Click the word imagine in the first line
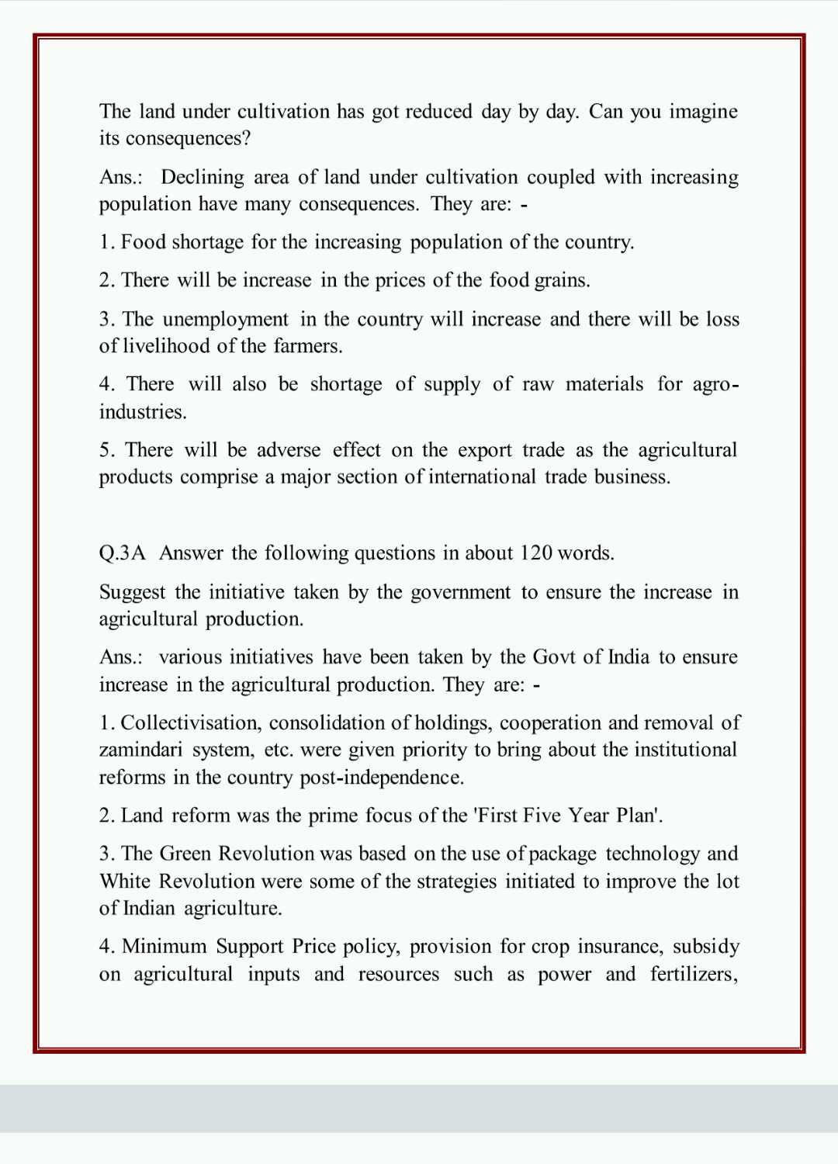coord(703,112)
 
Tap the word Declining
coord(203,178)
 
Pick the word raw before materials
coord(538,384)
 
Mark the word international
coord(482,476)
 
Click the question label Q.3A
coord(123,553)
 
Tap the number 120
coord(536,553)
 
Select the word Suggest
coord(133,593)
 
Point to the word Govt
coord(554,657)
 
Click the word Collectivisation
coord(192,723)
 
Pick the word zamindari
coord(141,750)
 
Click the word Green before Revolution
coord(185,854)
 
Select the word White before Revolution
coord(125,882)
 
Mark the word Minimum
coord(164,947)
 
